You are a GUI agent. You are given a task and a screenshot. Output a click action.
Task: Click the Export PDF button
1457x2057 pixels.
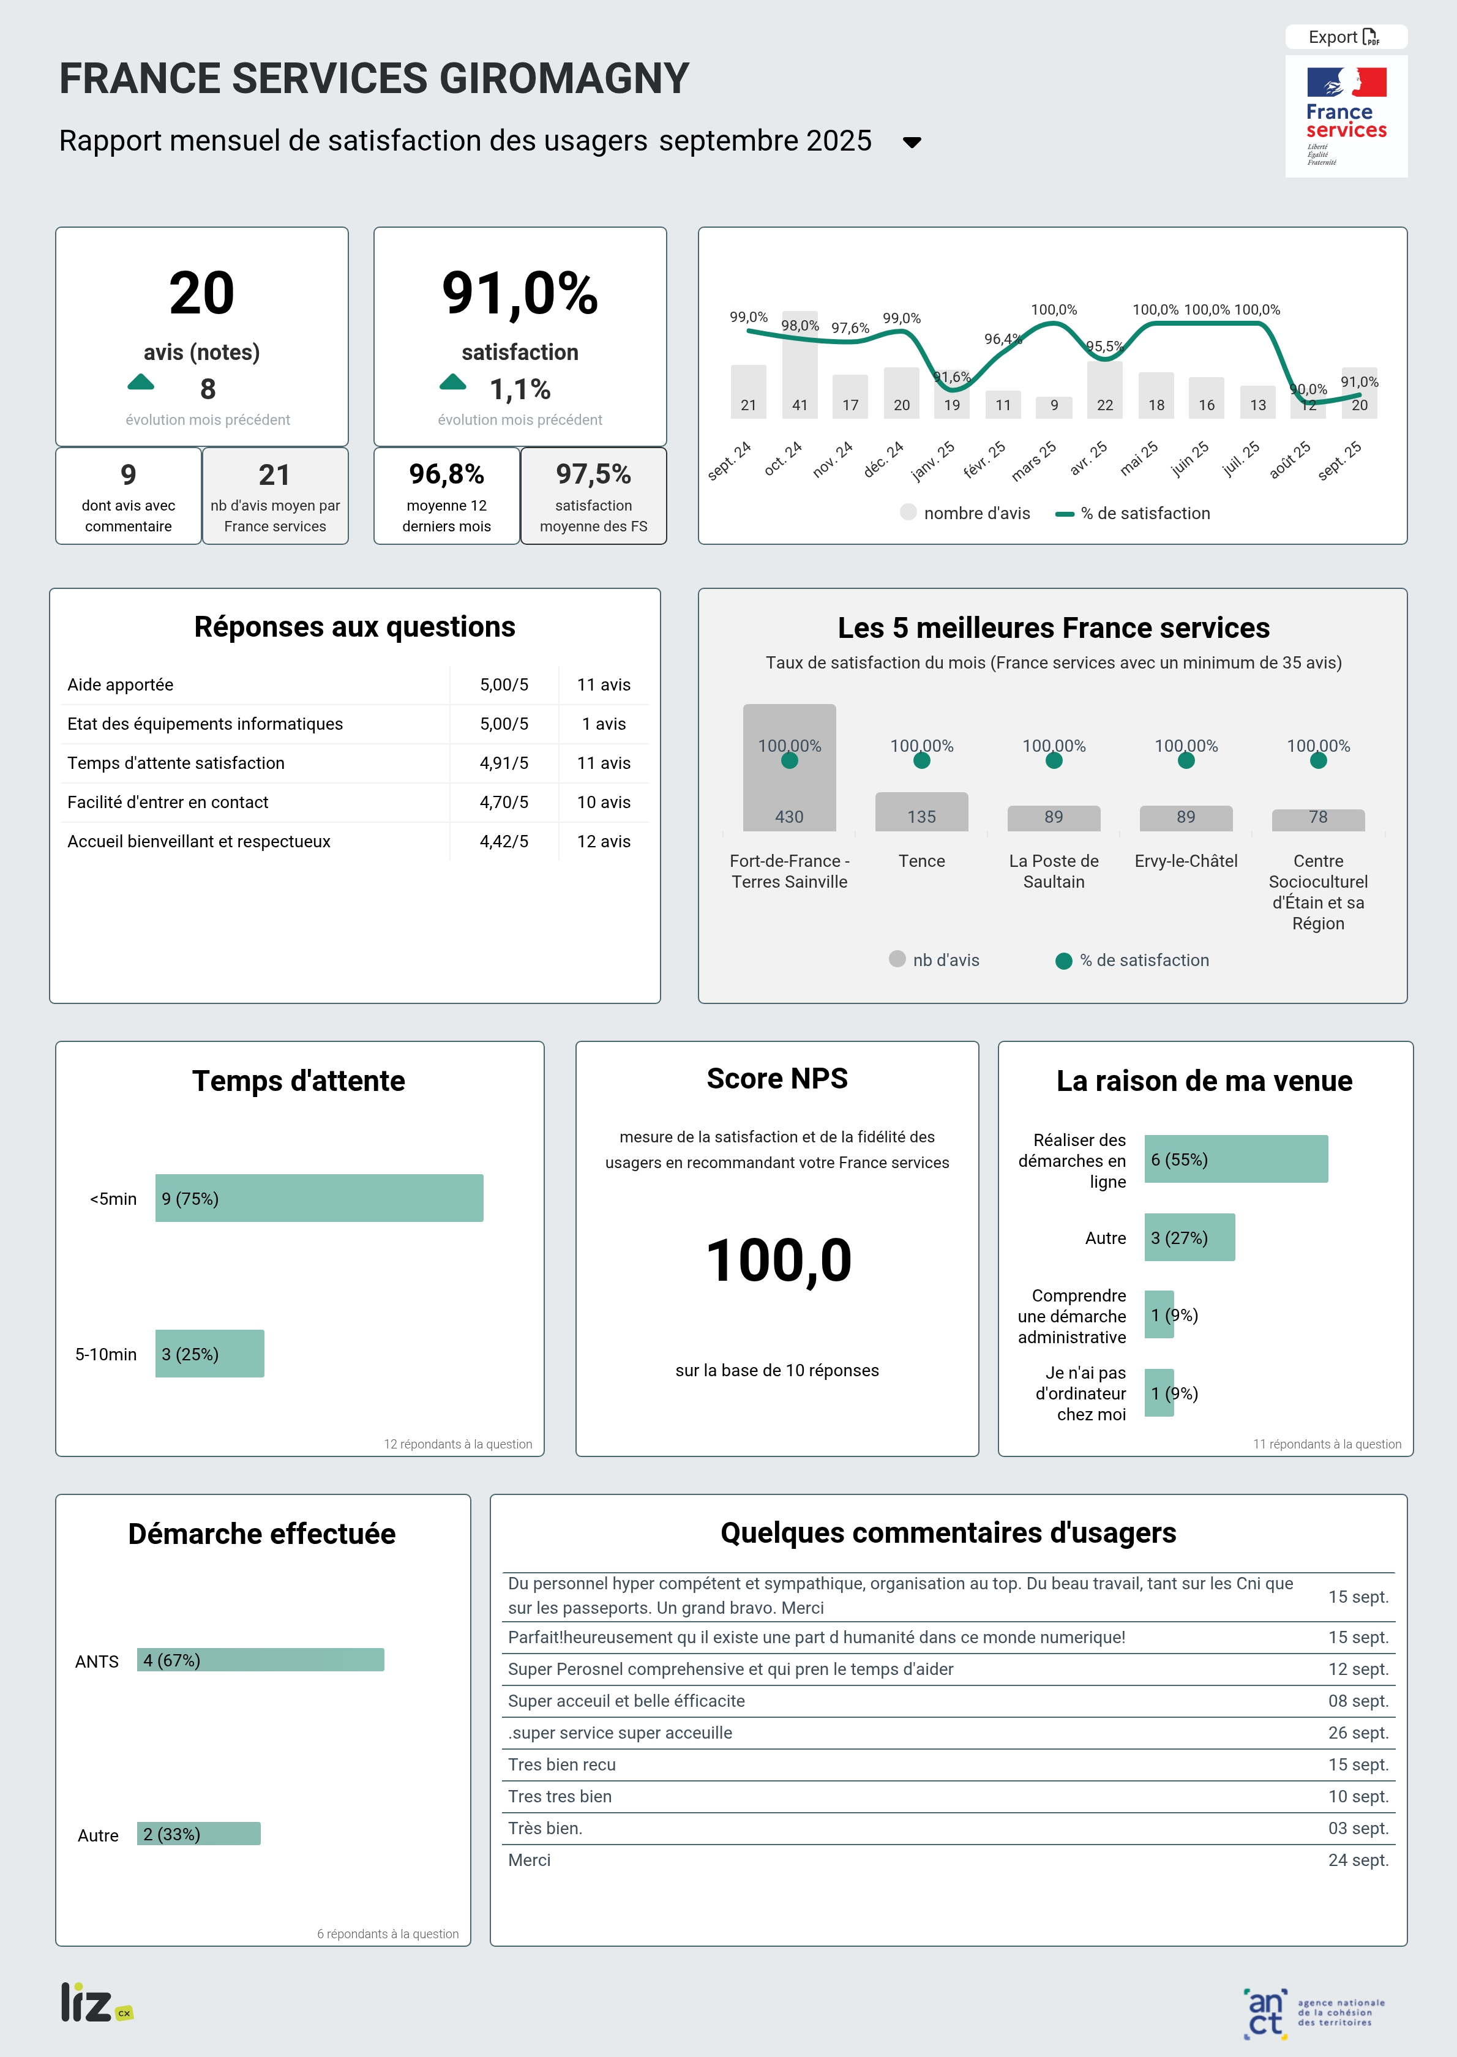1345,37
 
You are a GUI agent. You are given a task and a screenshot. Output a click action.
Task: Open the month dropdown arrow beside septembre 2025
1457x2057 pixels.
912,142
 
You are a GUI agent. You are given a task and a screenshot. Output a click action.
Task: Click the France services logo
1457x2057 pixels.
1346,116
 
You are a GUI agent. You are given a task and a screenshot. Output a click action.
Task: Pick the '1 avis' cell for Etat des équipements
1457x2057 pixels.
603,724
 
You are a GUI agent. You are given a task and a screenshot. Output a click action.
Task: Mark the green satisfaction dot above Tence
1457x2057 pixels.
921,761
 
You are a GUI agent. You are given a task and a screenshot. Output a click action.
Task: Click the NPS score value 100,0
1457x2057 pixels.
778,1261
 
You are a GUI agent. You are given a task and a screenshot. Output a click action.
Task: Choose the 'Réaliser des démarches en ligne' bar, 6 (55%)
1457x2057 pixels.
1235,1159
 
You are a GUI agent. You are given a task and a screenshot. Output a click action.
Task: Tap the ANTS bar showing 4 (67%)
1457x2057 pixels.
260,1660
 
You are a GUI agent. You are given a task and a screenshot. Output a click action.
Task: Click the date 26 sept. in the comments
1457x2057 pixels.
1357,1733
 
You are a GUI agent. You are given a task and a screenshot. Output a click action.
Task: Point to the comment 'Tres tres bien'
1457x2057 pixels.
560,1796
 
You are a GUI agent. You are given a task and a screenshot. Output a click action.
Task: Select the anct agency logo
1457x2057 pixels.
1314,2012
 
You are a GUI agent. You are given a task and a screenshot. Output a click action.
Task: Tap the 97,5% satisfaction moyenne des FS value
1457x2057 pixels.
593,474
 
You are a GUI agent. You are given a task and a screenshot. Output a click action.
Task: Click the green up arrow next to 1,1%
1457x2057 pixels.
453,383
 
